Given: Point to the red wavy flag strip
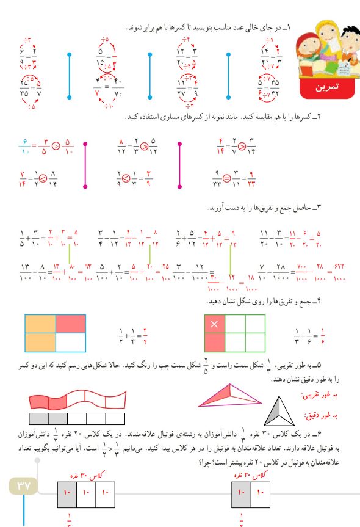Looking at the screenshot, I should click(x=76, y=399).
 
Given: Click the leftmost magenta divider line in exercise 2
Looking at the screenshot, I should click(x=85, y=165).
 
